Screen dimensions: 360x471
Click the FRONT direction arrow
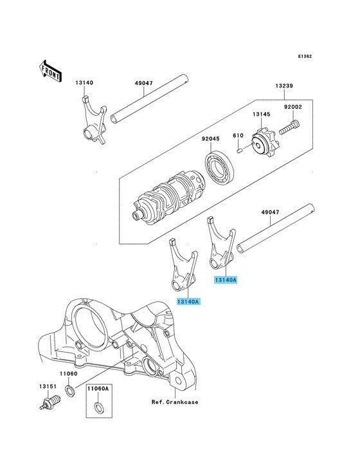(50, 71)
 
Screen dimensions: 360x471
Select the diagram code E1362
(305, 56)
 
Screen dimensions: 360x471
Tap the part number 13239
(284, 86)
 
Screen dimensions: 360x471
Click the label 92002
(293, 107)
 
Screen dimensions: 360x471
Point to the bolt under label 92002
(290, 127)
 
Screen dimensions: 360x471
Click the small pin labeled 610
(239, 150)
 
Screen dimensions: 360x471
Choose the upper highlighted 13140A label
(225, 280)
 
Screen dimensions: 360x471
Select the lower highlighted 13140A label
(188, 301)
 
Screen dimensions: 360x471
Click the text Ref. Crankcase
(175, 402)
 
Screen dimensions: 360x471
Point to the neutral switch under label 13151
(50, 402)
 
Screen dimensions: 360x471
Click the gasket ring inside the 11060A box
(98, 407)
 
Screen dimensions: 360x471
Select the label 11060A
(98, 389)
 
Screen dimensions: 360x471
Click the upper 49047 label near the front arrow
(144, 83)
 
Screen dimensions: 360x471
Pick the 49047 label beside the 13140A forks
(270, 212)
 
